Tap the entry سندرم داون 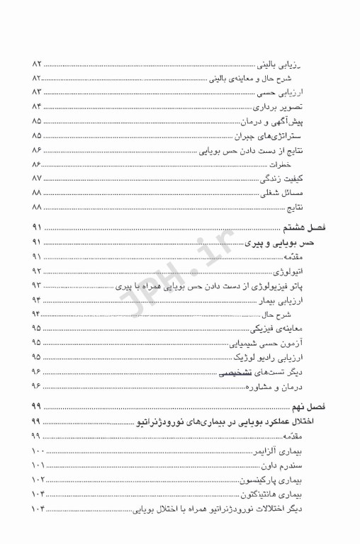pyautogui.click(x=308, y=465)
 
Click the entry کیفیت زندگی pyautogui.click(x=307, y=178)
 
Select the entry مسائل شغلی pyautogui.click(x=308, y=193)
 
